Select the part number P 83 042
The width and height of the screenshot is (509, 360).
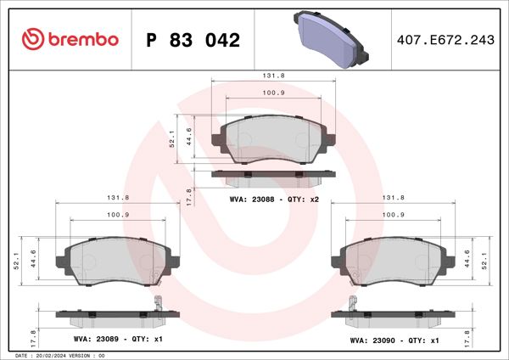[x=193, y=40]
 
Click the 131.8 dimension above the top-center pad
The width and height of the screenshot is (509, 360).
[x=273, y=75]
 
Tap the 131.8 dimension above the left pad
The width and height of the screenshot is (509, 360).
[x=118, y=197]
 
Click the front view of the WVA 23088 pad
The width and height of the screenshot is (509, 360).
[x=273, y=138]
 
